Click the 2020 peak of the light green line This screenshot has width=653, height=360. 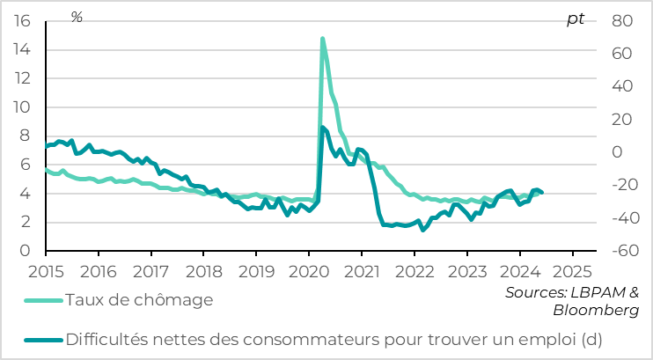(322, 39)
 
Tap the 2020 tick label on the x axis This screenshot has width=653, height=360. (308, 269)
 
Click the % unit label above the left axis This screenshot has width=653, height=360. (77, 18)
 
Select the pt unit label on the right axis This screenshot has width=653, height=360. (575, 18)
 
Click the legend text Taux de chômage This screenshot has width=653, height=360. (140, 300)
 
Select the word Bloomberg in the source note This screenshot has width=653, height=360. (597, 311)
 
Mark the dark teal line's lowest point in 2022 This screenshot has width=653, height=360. (423, 230)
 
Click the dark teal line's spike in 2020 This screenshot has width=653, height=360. (322, 128)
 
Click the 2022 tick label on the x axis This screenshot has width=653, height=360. (414, 269)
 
